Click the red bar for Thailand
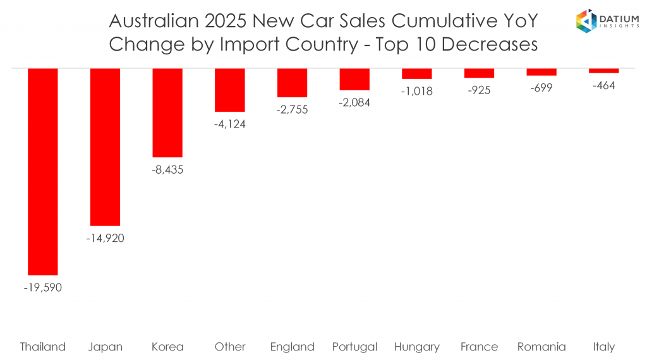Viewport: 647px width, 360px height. (x=43, y=171)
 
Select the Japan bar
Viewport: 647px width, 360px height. (x=105, y=147)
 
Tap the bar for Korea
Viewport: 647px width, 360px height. (x=167, y=112)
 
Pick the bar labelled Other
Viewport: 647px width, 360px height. (x=230, y=90)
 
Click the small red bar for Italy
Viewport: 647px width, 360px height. (x=603, y=70)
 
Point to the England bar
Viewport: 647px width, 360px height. (x=292, y=82)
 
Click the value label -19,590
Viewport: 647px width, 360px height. (x=43, y=287)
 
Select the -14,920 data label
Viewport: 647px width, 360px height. (x=105, y=238)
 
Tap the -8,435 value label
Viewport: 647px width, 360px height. (x=167, y=170)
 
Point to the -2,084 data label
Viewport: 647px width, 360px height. (x=354, y=102)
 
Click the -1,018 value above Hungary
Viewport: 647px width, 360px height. (x=416, y=91)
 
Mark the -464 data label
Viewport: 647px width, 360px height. (x=603, y=85)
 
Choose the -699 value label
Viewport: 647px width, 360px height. (x=541, y=88)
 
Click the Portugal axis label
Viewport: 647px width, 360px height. (x=354, y=347)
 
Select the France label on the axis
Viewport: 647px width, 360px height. (x=479, y=347)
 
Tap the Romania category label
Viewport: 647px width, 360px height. (x=541, y=347)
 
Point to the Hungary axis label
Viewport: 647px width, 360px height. (x=416, y=347)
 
